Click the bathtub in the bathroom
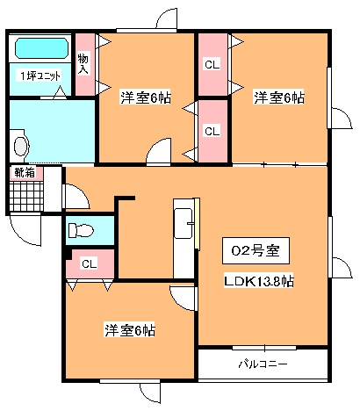(41, 48)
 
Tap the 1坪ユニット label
(40, 76)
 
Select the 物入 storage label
(83, 64)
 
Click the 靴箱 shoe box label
(25, 173)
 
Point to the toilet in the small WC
(80, 230)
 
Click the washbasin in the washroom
(20, 146)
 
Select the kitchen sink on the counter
(184, 224)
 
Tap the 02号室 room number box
(256, 250)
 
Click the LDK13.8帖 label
(259, 281)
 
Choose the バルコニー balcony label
(263, 364)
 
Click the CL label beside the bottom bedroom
(90, 264)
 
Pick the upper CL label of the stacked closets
(212, 64)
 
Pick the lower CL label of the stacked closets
(212, 131)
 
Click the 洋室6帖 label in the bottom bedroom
(130, 330)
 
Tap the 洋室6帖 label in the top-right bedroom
(279, 97)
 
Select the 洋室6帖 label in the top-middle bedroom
(146, 97)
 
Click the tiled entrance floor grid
(26, 196)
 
